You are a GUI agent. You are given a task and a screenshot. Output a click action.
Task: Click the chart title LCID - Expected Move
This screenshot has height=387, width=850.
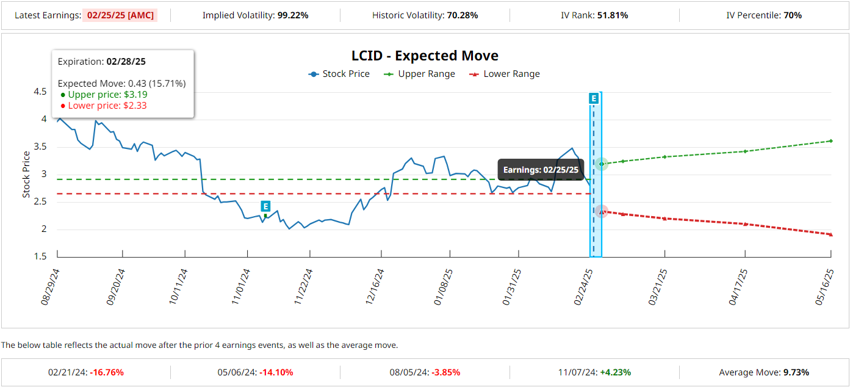pyautogui.click(x=425, y=56)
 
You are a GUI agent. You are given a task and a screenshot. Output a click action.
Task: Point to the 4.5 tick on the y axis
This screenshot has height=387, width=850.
pyautogui.click(x=40, y=92)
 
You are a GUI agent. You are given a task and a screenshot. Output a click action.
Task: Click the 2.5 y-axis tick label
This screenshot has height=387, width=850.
pyautogui.click(x=40, y=202)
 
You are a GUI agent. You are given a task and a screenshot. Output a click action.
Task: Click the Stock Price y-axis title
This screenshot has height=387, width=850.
pyautogui.click(x=26, y=174)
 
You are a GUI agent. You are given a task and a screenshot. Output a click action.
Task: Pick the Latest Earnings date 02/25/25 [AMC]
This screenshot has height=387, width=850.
pyautogui.click(x=120, y=15)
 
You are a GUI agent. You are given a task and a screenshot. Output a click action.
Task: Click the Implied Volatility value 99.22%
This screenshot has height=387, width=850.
pyautogui.click(x=293, y=15)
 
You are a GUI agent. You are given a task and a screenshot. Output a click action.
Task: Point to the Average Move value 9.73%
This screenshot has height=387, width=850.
pyautogui.click(x=791, y=372)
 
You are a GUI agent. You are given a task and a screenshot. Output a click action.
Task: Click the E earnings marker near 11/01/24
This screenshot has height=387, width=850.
pyautogui.click(x=265, y=206)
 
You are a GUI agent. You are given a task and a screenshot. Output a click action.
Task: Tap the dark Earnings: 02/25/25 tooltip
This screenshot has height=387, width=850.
pyautogui.click(x=541, y=170)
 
